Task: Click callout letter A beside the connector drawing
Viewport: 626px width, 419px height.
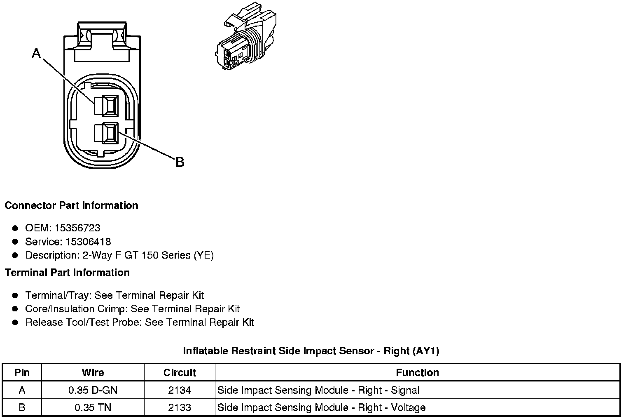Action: [37, 53]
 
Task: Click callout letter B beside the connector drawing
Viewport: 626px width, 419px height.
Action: [180, 162]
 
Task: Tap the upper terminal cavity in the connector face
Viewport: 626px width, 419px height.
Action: [106, 105]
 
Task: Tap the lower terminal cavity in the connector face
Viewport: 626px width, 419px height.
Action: [106, 133]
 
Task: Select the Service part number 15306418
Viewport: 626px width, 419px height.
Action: [88, 242]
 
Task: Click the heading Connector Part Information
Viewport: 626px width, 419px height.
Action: [71, 205]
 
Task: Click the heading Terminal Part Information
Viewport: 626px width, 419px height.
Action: [67, 273]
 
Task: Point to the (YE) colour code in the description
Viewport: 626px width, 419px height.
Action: [203, 255]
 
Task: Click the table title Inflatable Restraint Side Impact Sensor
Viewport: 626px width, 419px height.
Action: [311, 351]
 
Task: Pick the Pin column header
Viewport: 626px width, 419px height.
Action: [22, 372]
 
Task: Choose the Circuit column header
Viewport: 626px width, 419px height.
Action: [180, 372]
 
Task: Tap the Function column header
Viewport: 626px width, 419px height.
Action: [417, 372]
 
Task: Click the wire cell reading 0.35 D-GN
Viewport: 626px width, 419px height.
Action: [93, 390]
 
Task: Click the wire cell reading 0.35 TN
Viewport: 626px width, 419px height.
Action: [93, 407]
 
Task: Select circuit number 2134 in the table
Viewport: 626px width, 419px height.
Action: [180, 390]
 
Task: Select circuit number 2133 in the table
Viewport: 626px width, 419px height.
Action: [180, 407]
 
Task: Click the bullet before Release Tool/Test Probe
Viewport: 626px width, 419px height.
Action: [15, 322]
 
